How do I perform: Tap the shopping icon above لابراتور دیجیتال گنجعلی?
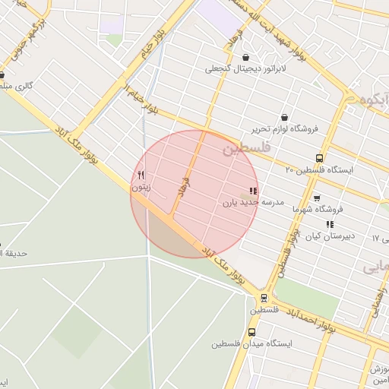245,57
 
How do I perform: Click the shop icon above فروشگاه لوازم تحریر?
284,118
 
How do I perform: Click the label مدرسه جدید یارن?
253,202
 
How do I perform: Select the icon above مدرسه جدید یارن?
253,191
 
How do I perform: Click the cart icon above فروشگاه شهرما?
317,198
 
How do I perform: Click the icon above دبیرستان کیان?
329,224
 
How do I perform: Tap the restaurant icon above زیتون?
141,175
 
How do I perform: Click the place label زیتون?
141,186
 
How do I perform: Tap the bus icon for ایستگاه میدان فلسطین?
252,332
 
